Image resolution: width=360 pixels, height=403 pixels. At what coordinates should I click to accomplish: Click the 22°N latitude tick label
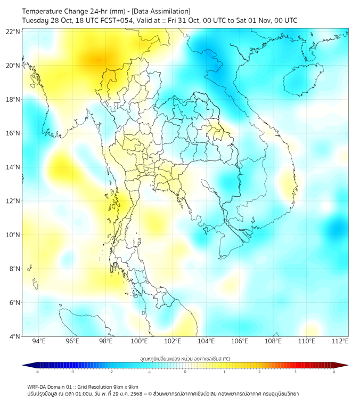coord(13,32)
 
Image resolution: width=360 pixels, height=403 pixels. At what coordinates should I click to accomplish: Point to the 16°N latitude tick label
coord(13,133)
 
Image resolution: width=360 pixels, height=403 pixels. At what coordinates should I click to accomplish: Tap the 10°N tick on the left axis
coord(13,235)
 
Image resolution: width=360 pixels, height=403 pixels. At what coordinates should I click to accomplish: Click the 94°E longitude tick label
coord(39,341)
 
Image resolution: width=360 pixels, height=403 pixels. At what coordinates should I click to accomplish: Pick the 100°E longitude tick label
coord(139,341)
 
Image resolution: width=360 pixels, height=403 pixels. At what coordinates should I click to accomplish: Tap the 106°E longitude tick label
coord(240,341)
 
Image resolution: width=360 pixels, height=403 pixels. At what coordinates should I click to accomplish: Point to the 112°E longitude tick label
coord(340,341)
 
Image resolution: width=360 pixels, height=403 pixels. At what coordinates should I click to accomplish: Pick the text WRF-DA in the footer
coord(37,387)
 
